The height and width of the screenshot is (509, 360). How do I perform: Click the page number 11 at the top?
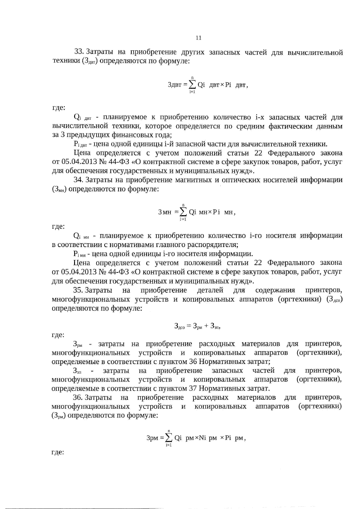click(x=198, y=38)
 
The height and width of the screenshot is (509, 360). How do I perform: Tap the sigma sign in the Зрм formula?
click(x=169, y=438)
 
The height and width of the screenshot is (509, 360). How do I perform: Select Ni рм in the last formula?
click(x=208, y=438)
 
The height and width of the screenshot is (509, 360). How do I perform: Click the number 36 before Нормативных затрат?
click(x=193, y=362)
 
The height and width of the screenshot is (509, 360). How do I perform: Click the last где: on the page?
click(x=58, y=452)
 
